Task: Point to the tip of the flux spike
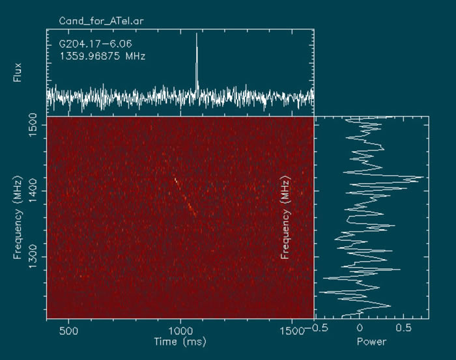point(197,35)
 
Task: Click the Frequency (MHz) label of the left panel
point(18,217)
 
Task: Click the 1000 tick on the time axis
point(180,330)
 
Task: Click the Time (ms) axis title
point(180,341)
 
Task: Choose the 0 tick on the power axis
point(360,330)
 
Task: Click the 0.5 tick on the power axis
point(405,330)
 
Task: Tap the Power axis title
point(372,341)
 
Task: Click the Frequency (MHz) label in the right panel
point(285,217)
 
